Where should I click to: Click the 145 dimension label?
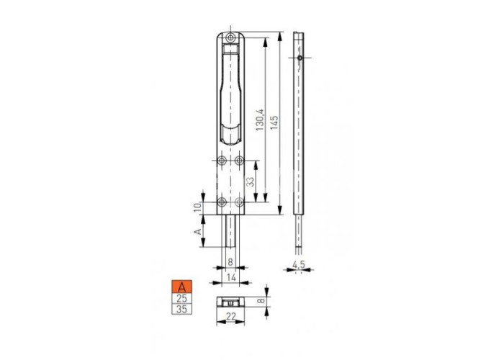click(274, 122)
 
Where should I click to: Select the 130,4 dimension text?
click(260, 120)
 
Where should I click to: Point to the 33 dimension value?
click(251, 181)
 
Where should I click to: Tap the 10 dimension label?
click(198, 207)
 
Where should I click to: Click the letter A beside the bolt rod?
click(198, 231)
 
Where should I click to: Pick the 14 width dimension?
click(231, 277)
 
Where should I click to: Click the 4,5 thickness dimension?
click(298, 264)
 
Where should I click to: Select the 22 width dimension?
click(231, 317)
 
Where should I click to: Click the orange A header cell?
click(181, 287)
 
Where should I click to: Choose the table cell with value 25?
click(181, 298)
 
